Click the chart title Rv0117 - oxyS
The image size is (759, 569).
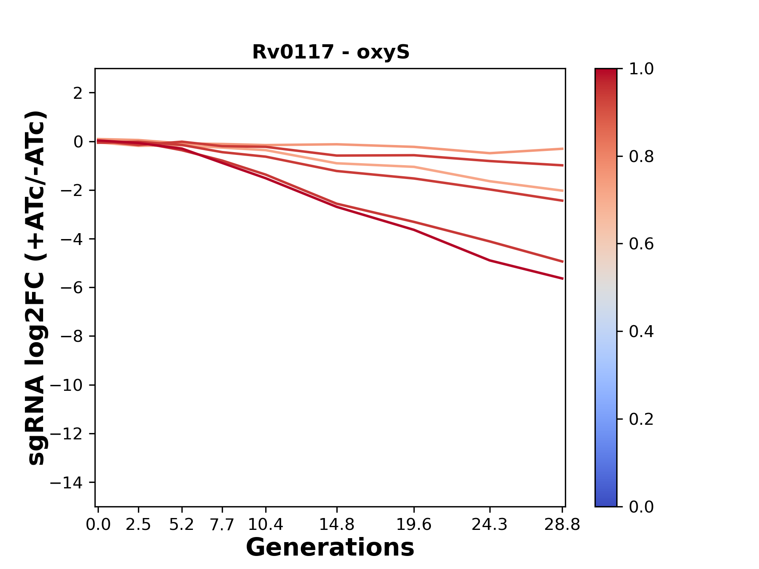[331, 52]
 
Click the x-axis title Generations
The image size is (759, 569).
[330, 548]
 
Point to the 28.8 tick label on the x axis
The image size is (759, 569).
[562, 525]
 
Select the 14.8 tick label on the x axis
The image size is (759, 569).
[336, 525]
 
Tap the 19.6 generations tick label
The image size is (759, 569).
[414, 525]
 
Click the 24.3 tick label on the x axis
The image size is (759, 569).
[490, 525]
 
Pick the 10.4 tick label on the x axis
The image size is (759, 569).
[266, 525]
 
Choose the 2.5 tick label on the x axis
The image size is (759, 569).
[138, 525]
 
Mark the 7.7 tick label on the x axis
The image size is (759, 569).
[223, 525]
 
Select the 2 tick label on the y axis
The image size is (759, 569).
[78, 93]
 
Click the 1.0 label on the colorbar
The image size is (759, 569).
[641, 69]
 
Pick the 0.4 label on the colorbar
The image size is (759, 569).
[641, 332]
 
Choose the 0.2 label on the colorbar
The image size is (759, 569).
[641, 419]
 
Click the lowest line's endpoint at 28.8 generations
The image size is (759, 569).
[563, 279]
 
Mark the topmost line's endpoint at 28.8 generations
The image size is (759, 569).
[563, 149]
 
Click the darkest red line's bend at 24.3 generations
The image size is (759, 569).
[490, 260]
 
